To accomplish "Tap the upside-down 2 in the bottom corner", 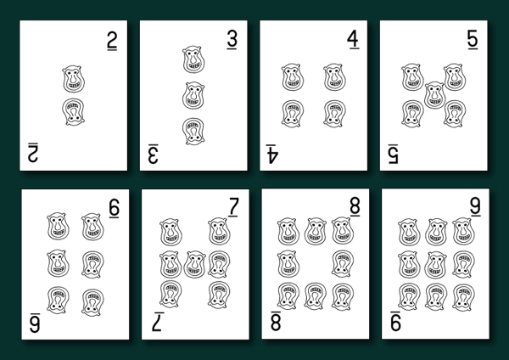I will click(x=34, y=152).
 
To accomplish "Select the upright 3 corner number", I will click(x=232, y=40).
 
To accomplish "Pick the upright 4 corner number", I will click(x=353, y=40).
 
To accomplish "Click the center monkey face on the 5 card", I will click(x=433, y=93).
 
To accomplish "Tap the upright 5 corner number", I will click(x=473, y=40).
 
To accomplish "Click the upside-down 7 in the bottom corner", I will click(x=157, y=321).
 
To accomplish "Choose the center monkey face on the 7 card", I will click(x=194, y=264).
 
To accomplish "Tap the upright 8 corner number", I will click(x=355, y=206).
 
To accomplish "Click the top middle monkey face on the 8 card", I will click(x=316, y=230).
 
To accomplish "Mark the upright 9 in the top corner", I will click(x=475, y=206).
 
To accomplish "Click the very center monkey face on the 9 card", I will click(x=436, y=263).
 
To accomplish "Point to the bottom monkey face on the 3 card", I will click(x=194, y=129).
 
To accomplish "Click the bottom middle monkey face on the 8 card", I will click(x=316, y=296).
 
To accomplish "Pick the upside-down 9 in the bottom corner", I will click(x=396, y=321).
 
